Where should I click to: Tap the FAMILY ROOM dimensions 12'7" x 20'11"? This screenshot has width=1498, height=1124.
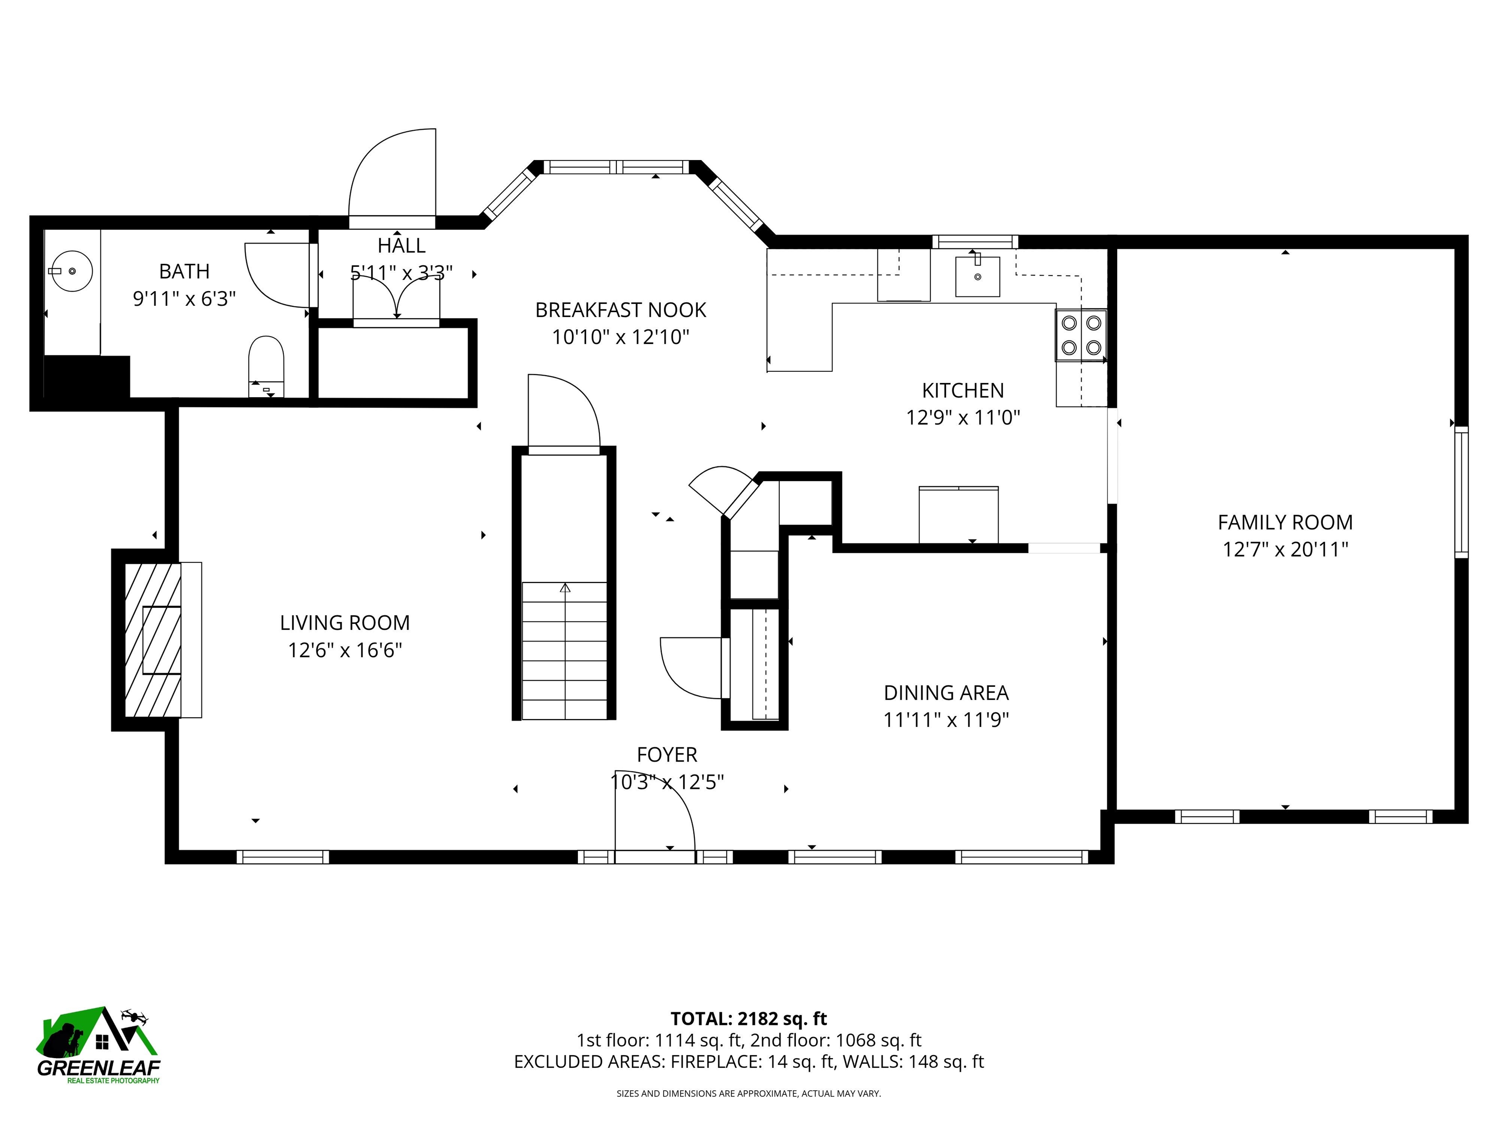(1285, 549)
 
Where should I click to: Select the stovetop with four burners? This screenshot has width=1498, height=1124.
(1081, 335)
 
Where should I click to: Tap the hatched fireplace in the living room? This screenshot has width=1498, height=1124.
(153, 640)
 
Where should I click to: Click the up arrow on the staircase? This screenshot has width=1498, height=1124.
(565, 588)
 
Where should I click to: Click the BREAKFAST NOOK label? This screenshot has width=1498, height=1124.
(620, 310)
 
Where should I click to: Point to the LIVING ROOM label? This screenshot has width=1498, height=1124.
(345, 622)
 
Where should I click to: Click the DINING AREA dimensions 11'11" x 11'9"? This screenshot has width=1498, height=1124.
(946, 720)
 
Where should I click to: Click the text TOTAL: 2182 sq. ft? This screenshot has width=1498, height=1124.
(749, 1018)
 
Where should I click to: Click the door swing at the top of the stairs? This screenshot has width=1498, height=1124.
(563, 412)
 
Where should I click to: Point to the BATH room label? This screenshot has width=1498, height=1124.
(184, 271)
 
